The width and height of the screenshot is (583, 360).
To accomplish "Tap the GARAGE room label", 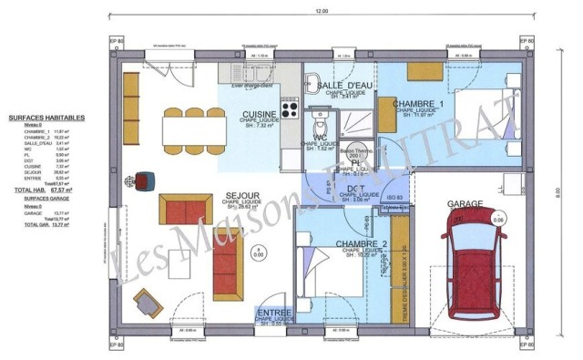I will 465,205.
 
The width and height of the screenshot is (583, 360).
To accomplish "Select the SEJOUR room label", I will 242,195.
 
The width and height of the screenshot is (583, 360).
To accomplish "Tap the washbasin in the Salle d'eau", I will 312,77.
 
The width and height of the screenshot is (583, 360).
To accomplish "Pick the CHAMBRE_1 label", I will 418,105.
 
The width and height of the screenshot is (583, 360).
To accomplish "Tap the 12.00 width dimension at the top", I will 321,11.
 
